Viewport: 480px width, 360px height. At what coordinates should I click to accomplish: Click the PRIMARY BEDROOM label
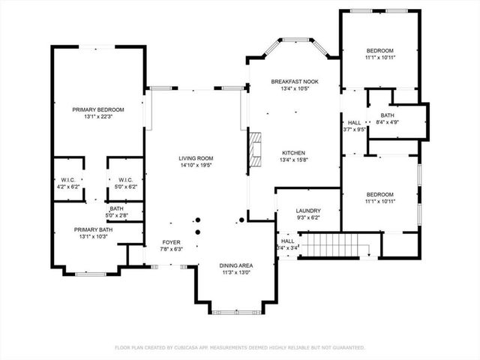(98, 109)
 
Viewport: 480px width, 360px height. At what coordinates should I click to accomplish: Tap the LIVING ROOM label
(196, 158)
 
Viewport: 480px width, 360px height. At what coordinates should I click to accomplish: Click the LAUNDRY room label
(308, 211)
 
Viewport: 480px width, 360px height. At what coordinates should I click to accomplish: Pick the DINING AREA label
(235, 266)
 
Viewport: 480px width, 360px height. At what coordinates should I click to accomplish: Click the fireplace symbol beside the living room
(256, 148)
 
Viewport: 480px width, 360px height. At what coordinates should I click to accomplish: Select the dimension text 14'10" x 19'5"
(196, 166)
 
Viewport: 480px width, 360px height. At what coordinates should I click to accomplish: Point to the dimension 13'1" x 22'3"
(98, 117)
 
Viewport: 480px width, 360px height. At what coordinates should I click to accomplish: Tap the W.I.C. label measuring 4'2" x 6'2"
(68, 187)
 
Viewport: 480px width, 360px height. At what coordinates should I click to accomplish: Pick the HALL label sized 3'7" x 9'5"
(355, 129)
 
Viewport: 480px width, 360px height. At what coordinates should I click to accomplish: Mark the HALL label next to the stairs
(288, 241)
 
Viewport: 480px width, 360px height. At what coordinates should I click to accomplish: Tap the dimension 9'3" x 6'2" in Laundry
(308, 218)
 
